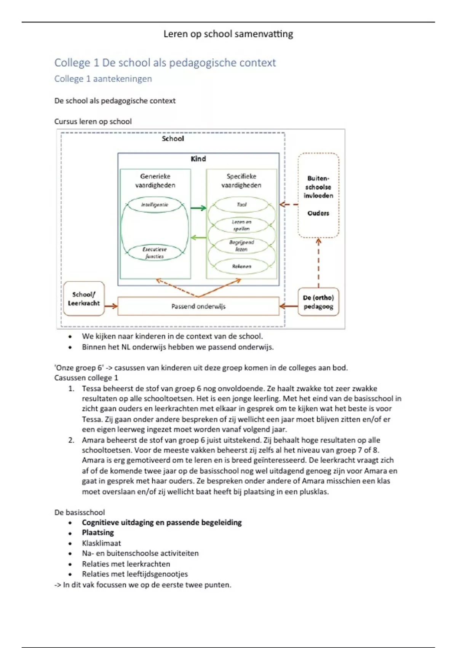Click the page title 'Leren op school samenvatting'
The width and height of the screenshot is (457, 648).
(x=228, y=34)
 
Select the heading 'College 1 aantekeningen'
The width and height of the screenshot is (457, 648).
(x=103, y=79)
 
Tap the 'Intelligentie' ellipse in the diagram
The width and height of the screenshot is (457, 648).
(x=155, y=205)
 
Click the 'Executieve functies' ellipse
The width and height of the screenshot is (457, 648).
(x=155, y=253)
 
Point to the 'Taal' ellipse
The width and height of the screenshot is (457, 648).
(x=241, y=205)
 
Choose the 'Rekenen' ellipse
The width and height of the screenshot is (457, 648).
(x=241, y=266)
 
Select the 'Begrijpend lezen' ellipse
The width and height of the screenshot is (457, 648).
(x=241, y=245)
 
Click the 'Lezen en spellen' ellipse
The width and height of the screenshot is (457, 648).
(x=241, y=225)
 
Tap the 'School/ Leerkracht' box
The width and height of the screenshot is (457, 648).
(x=84, y=299)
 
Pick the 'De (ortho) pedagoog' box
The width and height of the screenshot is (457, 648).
(x=318, y=302)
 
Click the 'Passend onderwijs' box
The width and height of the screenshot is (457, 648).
(x=198, y=306)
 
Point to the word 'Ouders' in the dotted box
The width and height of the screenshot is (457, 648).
(x=318, y=213)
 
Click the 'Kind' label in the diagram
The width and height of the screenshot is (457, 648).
(x=198, y=159)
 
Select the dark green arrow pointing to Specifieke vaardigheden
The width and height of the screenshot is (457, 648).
(x=198, y=208)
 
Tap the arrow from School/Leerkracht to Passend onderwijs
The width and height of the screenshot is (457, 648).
(x=111, y=306)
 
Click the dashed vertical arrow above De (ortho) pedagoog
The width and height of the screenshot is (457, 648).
(x=318, y=263)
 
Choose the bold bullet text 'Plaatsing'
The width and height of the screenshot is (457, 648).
(x=98, y=533)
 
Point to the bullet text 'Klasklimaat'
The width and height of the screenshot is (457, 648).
(x=101, y=543)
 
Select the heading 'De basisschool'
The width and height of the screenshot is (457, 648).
(x=80, y=512)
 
